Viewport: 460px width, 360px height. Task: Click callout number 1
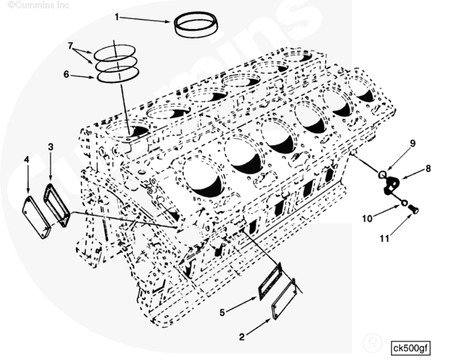point(117,17)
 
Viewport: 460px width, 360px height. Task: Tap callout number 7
point(70,45)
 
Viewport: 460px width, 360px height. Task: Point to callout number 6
point(66,74)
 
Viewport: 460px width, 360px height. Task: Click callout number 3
point(51,146)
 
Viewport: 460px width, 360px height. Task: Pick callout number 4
point(27,160)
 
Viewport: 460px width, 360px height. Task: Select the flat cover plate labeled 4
point(35,217)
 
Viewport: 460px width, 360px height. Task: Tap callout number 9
point(413,143)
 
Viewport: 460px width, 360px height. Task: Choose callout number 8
point(428,169)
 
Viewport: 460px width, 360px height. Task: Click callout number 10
point(367,219)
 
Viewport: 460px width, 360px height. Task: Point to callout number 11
point(384,238)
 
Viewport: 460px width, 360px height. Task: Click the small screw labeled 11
point(414,209)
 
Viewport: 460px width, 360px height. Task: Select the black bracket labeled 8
point(391,185)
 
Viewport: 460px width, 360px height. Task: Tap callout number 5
point(222,312)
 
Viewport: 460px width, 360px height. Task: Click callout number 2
point(242,337)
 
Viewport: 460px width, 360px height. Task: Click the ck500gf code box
point(411,348)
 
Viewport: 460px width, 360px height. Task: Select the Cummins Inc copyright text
point(38,5)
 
